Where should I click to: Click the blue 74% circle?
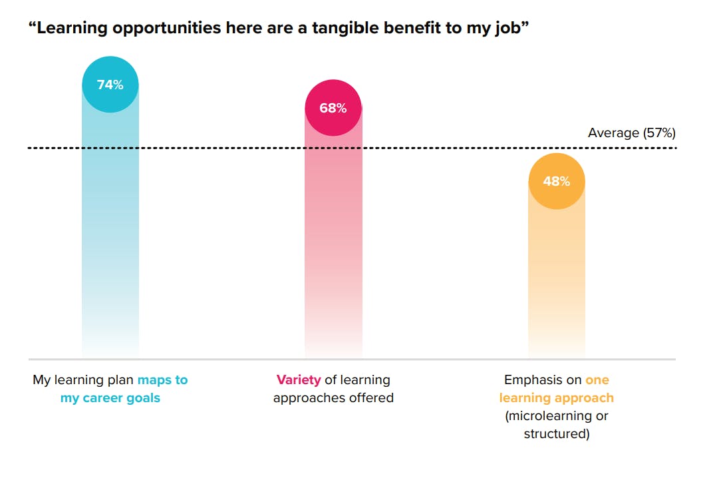110,85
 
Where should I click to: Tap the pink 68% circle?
333,108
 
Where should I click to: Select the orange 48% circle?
556,181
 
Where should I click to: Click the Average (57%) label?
631,133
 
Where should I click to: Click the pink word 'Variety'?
299,380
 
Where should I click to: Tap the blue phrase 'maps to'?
163,380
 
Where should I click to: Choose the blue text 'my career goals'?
110,398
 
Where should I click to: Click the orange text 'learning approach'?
557,398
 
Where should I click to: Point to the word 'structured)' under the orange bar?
557,434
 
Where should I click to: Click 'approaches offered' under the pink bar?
333,398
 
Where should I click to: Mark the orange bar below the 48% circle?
556,280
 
